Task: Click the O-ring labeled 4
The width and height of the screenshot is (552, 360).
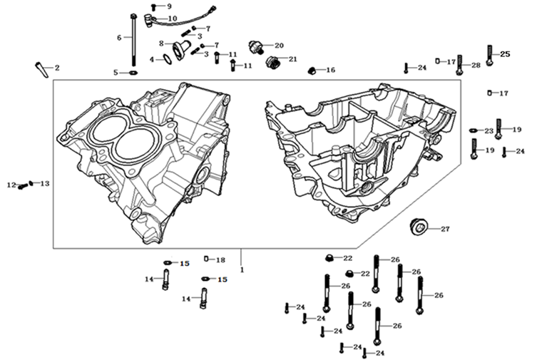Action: coord(166,59)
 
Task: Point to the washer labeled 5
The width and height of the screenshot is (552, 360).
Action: coord(133,73)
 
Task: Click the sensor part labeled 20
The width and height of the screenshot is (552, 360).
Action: coord(257,46)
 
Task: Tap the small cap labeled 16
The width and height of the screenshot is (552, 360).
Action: coord(312,70)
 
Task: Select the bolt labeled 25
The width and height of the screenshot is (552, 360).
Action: coord(489,54)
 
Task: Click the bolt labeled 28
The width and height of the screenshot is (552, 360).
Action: coord(459,64)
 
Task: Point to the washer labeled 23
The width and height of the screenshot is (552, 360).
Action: coord(474,130)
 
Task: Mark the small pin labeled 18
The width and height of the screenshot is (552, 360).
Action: coord(205,259)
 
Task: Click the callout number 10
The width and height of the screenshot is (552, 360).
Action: coord(173,18)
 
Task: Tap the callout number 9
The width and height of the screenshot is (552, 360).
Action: coord(169,6)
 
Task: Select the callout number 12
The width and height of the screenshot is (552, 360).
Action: coord(11,185)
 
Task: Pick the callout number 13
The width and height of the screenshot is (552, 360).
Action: coord(45,183)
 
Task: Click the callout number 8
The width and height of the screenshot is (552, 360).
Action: coord(162,43)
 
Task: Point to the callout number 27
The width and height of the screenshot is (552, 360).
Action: coord(445,229)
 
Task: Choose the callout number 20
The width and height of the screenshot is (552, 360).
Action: coord(278,44)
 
